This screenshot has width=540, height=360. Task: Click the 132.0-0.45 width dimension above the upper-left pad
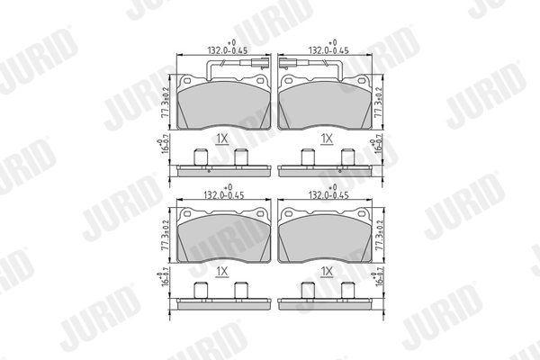tap(222, 50)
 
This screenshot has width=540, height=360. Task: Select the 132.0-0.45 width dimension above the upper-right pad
tap(328, 50)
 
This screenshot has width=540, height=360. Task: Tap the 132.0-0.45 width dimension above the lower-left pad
tap(222, 193)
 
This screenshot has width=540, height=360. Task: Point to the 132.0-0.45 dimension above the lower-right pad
tap(328, 193)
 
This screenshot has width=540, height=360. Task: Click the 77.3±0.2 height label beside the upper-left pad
tap(166, 102)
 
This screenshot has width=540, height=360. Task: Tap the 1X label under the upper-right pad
tap(328, 139)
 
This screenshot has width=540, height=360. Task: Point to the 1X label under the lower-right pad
tap(328, 271)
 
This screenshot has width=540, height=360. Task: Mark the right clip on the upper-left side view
tap(240, 158)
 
